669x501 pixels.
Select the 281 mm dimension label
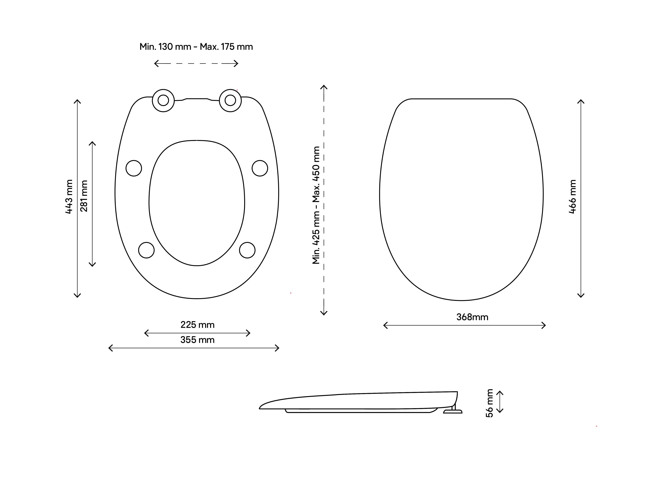pyautogui.click(x=84, y=196)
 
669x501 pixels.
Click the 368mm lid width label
pyautogui.click(x=472, y=317)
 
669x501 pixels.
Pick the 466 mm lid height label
pyautogui.click(x=572, y=197)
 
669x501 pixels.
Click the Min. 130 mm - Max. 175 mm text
pyautogui.click(x=196, y=47)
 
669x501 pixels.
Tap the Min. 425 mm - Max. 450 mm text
pyautogui.click(x=316, y=205)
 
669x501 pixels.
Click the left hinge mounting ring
pyautogui.click(x=163, y=101)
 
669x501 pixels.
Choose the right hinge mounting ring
pyautogui.click(x=230, y=101)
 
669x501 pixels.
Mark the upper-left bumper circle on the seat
pyautogui.click(x=134, y=168)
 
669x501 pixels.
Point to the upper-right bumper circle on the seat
pyautogui.click(x=260, y=168)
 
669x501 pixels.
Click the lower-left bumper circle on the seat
pyautogui.click(x=146, y=250)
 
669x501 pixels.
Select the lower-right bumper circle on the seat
pyautogui.click(x=247, y=250)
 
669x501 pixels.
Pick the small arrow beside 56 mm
pyautogui.click(x=500, y=402)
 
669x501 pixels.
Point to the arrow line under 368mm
pyautogui.click(x=465, y=326)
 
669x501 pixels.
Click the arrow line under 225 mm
pyautogui.click(x=197, y=333)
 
